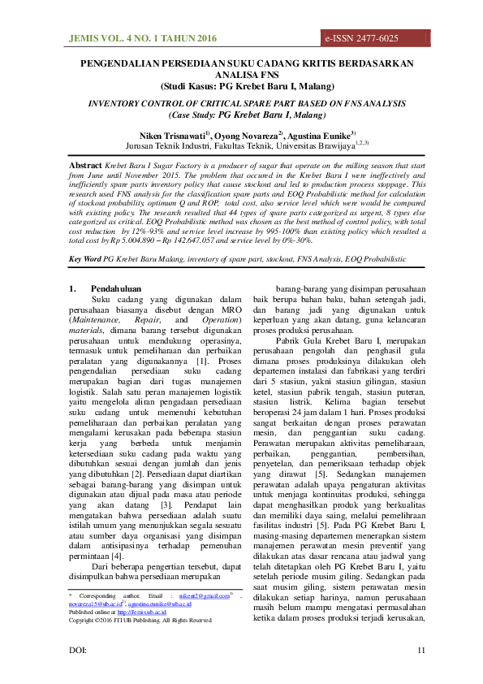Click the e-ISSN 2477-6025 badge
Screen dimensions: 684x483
pyautogui.click(x=362, y=38)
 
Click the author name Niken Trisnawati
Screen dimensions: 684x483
pyautogui.click(x=171, y=133)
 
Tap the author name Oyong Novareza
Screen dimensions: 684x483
pyautogui.click(x=248, y=133)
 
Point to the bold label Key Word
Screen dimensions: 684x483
pyautogui.click(x=84, y=258)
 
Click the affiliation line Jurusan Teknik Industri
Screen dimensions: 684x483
pyautogui.click(x=241, y=145)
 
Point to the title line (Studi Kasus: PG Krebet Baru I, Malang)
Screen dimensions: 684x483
pyautogui.click(x=241, y=84)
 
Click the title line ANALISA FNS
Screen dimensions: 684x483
pyautogui.click(x=241, y=73)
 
